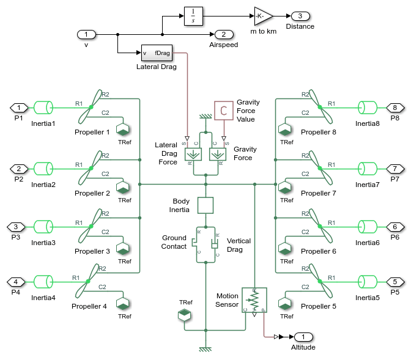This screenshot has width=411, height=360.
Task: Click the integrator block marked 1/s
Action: coord(193,17)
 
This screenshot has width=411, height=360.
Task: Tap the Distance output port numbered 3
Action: coord(300,16)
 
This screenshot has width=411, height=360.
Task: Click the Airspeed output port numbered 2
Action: coord(220,34)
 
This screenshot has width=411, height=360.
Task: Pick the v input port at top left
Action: coord(86,34)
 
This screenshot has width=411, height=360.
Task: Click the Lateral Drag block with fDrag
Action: coord(157,53)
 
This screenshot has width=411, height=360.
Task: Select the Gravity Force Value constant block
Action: coord(223,110)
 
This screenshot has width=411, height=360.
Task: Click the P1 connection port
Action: coord(18,108)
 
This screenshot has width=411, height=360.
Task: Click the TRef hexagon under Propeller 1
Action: coord(122,129)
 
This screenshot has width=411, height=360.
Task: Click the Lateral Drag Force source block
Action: coord(193,153)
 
